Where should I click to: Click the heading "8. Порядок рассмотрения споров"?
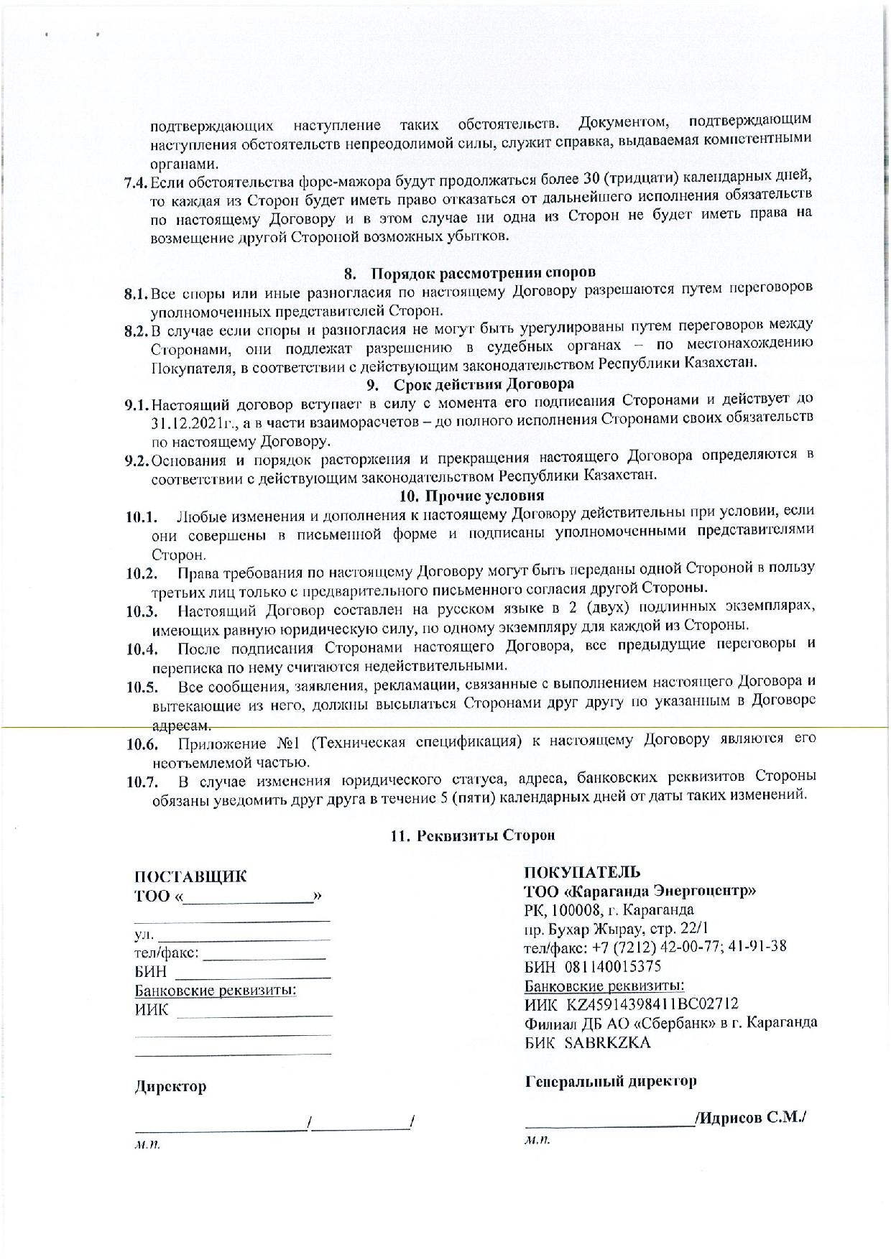[470, 273]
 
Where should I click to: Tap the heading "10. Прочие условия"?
[471, 496]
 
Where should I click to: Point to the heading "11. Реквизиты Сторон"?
[472, 835]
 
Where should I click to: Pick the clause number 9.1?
[135, 404]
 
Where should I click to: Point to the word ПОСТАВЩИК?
[190, 877]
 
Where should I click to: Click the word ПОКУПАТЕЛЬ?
[582, 873]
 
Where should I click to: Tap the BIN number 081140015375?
[613, 967]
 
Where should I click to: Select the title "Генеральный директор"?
[611, 1081]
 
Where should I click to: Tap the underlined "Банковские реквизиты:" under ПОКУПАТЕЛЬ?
[604, 985]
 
